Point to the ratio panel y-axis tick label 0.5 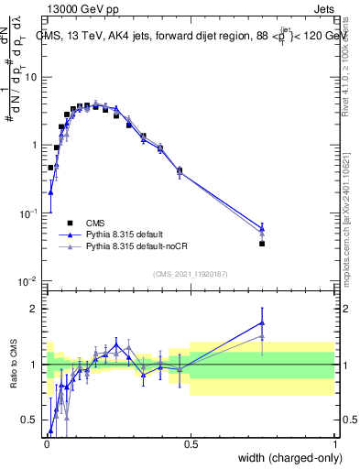click(32, 420)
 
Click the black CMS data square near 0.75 click(262, 244)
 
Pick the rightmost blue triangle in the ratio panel click(262, 322)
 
